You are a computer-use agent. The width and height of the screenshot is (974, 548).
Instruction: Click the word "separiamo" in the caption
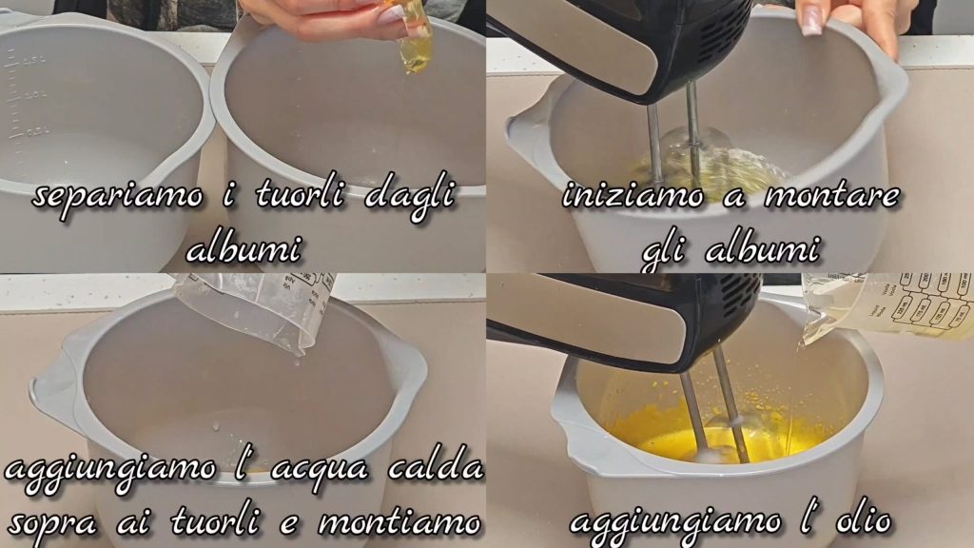point(118,198)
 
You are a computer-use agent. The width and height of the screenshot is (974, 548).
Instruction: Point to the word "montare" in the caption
point(831,195)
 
